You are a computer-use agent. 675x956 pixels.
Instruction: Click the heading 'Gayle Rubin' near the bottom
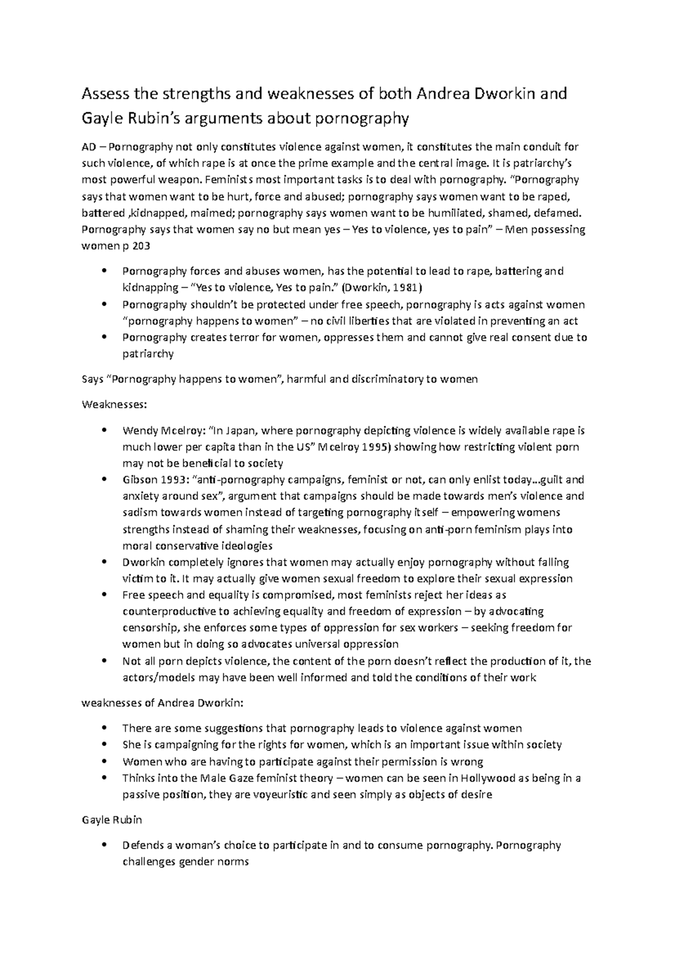coord(112,820)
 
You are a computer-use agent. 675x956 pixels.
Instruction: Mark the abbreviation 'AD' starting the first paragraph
coord(88,148)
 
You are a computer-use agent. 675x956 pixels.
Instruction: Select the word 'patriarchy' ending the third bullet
coord(148,354)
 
